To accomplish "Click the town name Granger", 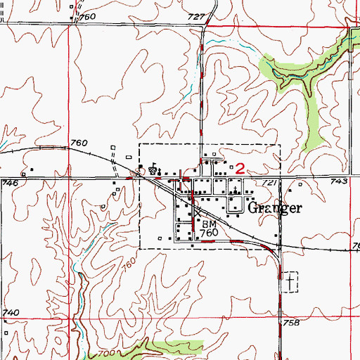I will click(274, 208).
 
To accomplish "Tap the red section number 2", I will click(240, 169).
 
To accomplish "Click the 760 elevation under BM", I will click(210, 233).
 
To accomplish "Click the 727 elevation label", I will click(198, 16).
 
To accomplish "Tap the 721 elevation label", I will click(271, 183).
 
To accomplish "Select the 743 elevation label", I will click(340, 181).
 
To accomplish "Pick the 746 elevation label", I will click(9, 183).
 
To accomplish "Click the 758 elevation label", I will click(292, 323).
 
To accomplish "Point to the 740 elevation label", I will click(10, 312).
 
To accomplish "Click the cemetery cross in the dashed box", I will click(289, 283).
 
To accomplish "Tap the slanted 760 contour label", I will click(128, 267).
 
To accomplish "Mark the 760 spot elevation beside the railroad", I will click(80, 144).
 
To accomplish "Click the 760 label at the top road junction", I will click(88, 16).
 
